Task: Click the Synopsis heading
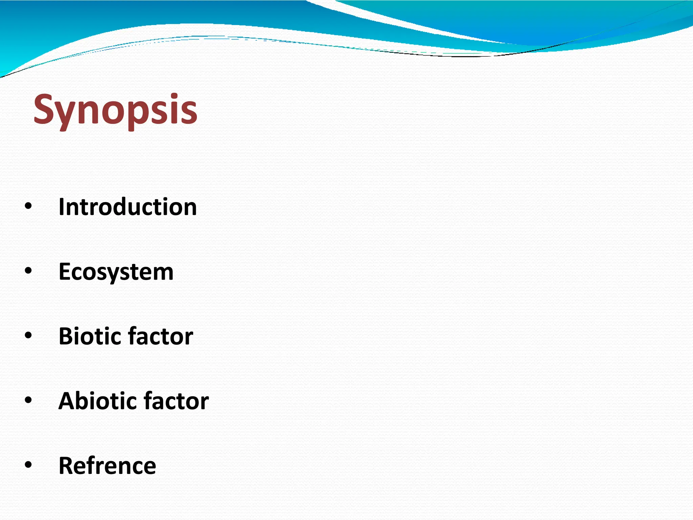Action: click(x=115, y=110)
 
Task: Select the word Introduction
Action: click(x=128, y=207)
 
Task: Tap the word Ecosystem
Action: click(x=116, y=272)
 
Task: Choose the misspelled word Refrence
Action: click(x=107, y=465)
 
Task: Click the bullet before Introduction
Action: click(x=28, y=206)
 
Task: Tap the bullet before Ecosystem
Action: click(x=28, y=270)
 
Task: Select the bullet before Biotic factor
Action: click(x=28, y=335)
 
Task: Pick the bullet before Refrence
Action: click(x=28, y=465)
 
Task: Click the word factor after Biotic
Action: click(x=161, y=336)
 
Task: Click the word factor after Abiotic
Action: click(x=176, y=401)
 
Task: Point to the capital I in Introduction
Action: click(x=62, y=207)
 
